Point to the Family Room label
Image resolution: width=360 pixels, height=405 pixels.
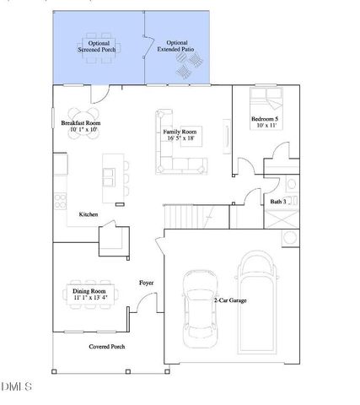(180, 135)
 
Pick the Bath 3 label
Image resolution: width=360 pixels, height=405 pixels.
(278, 202)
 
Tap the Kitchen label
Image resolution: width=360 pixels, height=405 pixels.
(89, 215)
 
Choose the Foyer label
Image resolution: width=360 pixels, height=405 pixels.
(146, 283)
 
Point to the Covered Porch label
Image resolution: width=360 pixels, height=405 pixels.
(107, 347)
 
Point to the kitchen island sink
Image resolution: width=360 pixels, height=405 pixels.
(110, 177)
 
